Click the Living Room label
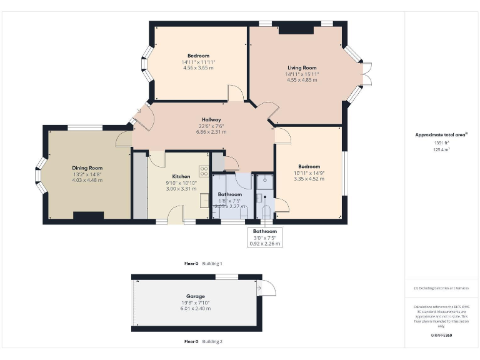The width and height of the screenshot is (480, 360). pyautogui.click(x=302, y=67)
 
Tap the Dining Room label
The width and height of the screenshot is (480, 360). pyautogui.click(x=87, y=167)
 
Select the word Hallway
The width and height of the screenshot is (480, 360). pyautogui.click(x=211, y=119)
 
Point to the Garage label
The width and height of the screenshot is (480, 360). pyautogui.click(x=195, y=296)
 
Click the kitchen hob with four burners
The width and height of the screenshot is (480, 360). pyautogui.click(x=204, y=169)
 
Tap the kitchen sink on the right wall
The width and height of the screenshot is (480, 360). pyautogui.click(x=204, y=200)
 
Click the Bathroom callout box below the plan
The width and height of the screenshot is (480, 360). pyautogui.click(x=264, y=237)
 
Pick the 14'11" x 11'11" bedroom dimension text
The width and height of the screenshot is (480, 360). pyautogui.click(x=198, y=62)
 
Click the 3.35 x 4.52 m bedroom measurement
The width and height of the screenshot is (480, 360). pyautogui.click(x=309, y=179)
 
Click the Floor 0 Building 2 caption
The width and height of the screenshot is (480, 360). pyautogui.click(x=203, y=342)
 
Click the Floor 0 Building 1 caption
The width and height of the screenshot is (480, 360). pyautogui.click(x=203, y=264)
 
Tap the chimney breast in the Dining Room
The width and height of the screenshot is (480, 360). pyautogui.click(x=88, y=216)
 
